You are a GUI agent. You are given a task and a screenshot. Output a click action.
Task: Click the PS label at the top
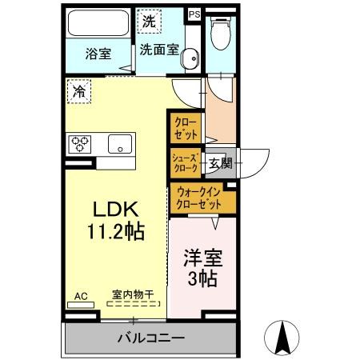pos(194,14)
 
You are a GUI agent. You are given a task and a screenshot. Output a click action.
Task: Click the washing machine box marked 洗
pos(149,22)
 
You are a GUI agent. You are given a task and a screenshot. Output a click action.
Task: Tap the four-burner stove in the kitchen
pos(81,144)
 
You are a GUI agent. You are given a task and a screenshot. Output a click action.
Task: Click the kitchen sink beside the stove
pos(119,145)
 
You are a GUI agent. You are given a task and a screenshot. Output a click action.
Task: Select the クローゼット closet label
pos(186,127)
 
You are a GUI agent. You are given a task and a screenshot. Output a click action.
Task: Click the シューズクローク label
pos(185,163)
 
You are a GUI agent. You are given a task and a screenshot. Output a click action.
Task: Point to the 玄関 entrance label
pos(220,163)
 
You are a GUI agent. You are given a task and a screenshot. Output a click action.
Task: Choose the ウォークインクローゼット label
pos(201,198)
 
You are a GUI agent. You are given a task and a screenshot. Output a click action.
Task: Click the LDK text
pos(118,210)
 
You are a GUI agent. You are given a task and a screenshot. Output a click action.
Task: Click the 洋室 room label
pos(204,259)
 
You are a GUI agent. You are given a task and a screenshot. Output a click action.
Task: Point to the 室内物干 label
pos(134,295)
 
